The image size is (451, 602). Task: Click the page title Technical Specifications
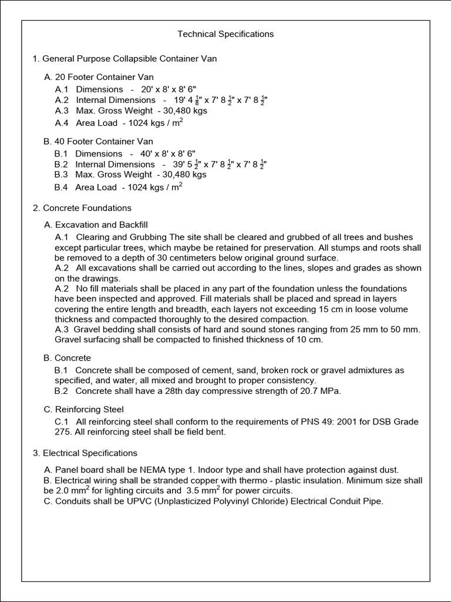tap(225, 34)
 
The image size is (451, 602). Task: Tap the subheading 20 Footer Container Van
tap(99, 77)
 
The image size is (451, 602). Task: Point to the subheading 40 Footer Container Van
tap(98, 141)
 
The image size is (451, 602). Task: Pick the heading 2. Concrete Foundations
tap(82, 208)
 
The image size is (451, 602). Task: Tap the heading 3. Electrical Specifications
tap(85, 453)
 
